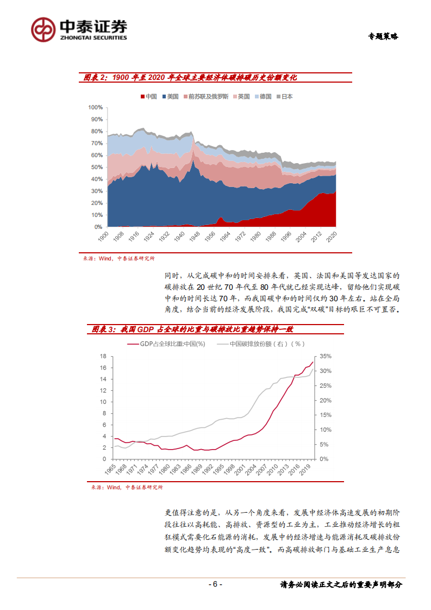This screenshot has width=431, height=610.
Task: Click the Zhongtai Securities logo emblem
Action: click(x=43, y=29)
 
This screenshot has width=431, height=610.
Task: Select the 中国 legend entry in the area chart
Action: click(x=149, y=96)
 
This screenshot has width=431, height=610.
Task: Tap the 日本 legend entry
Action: click(x=284, y=96)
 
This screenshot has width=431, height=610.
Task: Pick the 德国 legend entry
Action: click(x=263, y=96)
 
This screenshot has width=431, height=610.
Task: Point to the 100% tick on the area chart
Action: click(x=96, y=107)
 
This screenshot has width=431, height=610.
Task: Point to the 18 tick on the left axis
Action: click(x=102, y=356)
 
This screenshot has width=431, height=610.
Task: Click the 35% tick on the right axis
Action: click(x=325, y=356)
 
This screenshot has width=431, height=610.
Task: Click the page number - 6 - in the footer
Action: click(x=215, y=584)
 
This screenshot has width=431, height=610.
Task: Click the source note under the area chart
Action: click(x=118, y=259)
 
